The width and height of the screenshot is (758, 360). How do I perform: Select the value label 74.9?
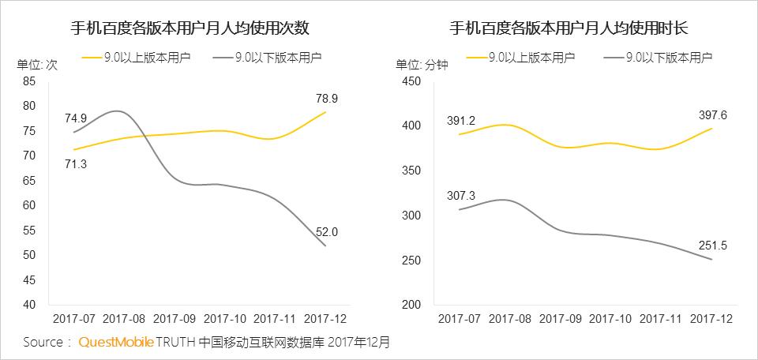point(75,118)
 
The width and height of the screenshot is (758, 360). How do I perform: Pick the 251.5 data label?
point(713,246)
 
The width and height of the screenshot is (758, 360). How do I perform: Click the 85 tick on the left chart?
point(30,81)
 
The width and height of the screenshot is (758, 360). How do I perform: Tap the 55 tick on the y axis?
point(30,230)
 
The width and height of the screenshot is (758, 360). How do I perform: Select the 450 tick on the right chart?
point(413,81)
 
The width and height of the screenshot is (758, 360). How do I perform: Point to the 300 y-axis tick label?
point(413,216)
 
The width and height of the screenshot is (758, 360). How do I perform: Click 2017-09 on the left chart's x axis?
point(175,320)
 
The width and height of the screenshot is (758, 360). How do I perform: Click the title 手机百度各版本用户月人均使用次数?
point(189,29)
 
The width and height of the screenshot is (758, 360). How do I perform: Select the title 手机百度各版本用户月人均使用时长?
point(568,29)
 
